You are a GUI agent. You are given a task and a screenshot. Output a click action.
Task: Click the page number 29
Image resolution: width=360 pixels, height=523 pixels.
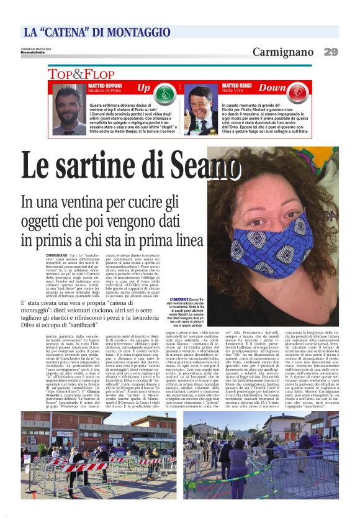(x=331, y=52)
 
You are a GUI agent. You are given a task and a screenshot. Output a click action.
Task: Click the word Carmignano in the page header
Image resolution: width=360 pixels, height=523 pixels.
(x=282, y=52)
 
